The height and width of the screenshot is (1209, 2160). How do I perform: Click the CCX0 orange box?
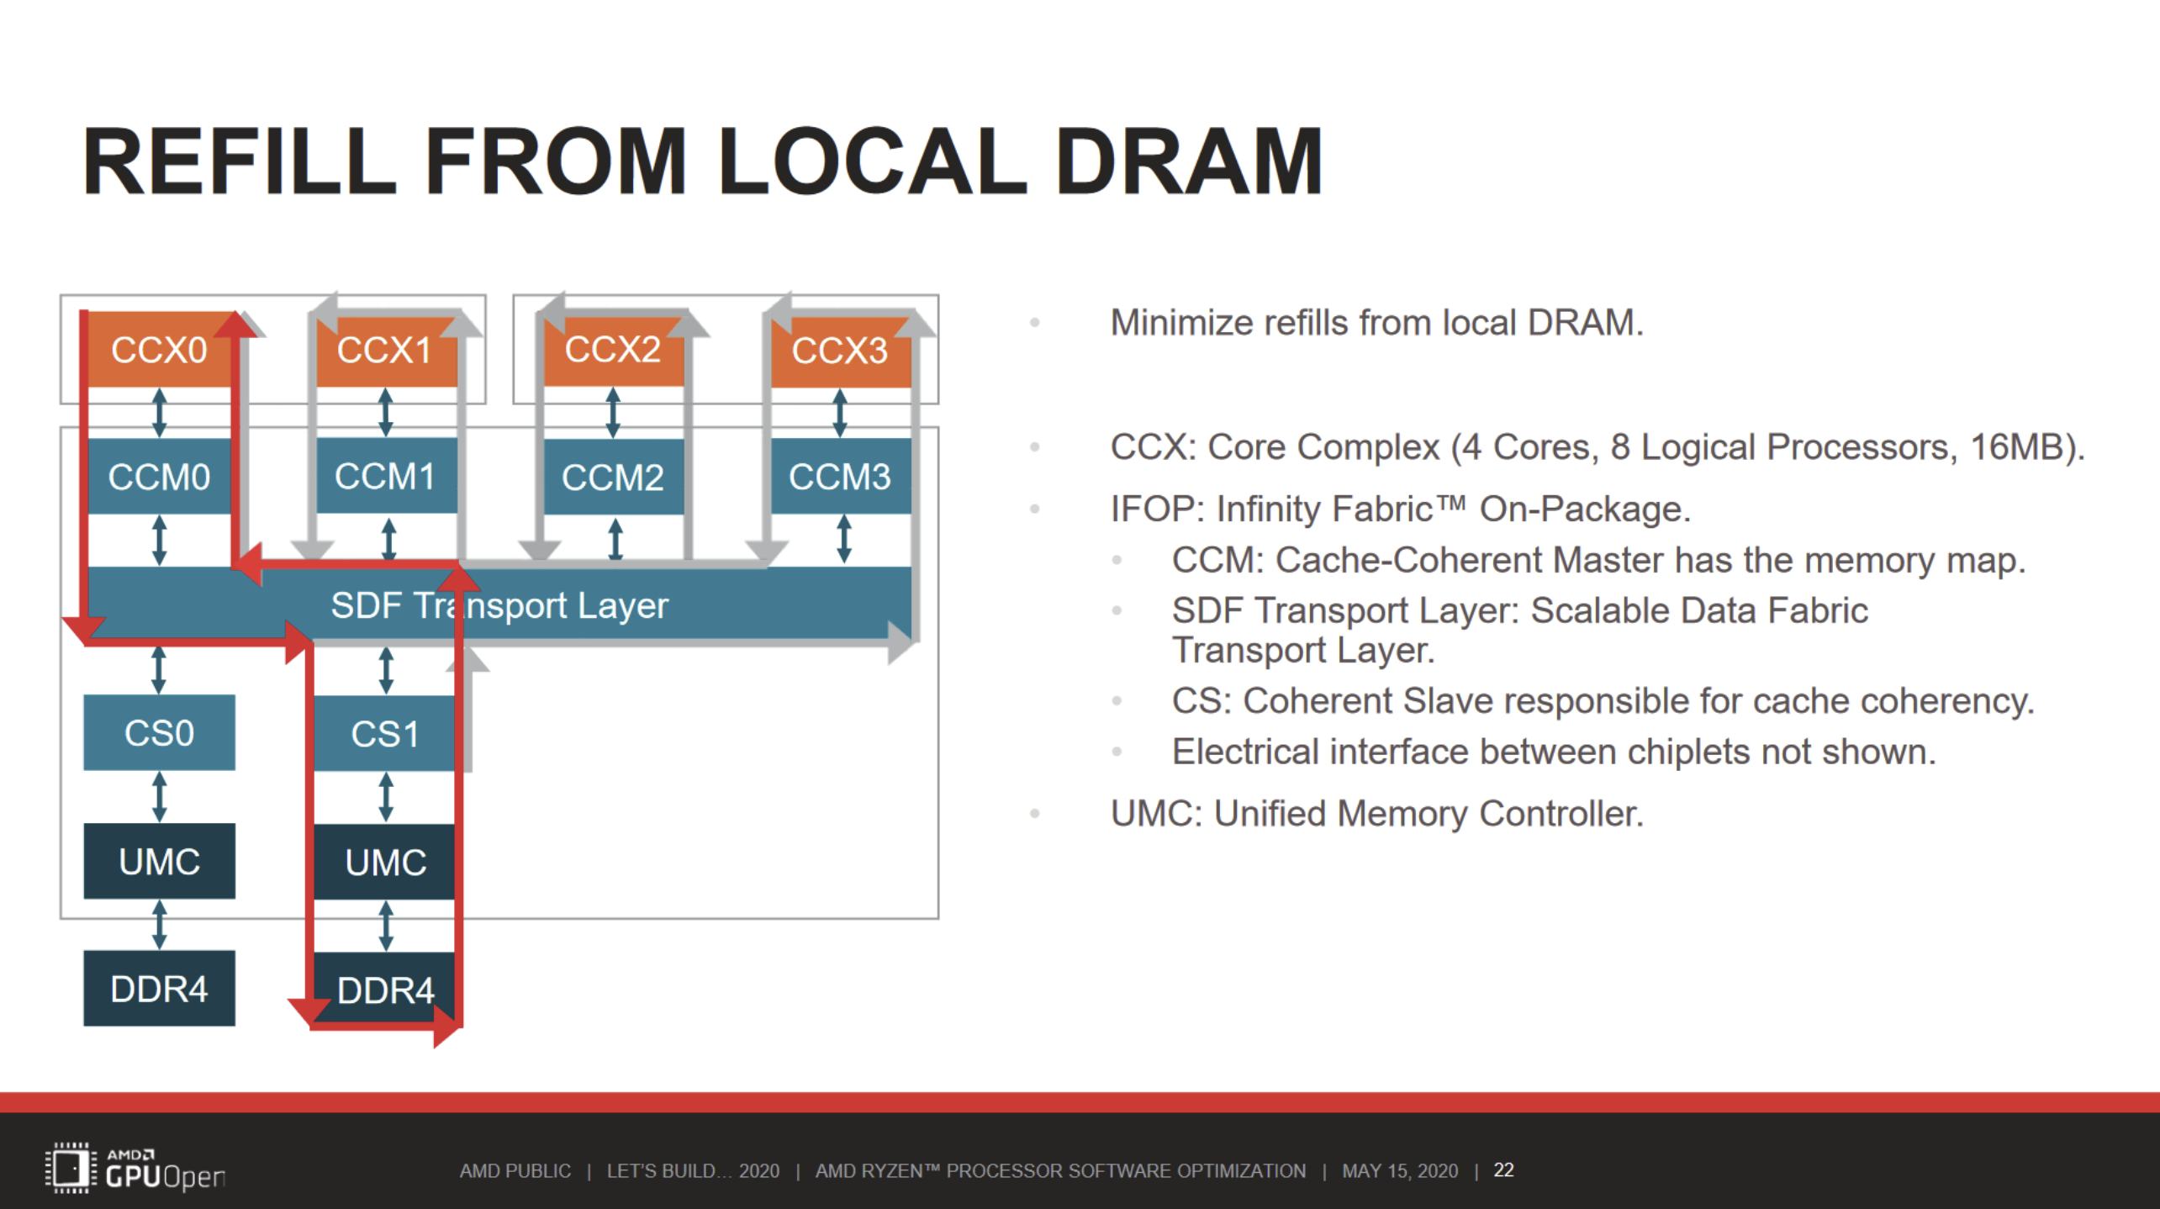[x=159, y=350]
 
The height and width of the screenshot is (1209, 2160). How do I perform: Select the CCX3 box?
[x=840, y=350]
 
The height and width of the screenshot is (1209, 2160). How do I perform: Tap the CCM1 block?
[x=385, y=477]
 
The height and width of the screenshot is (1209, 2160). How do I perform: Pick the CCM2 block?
[x=613, y=477]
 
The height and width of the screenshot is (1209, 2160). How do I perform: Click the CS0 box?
[x=159, y=733]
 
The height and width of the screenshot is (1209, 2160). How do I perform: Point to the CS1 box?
[x=385, y=734]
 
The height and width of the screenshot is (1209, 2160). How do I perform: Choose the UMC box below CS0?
[x=159, y=862]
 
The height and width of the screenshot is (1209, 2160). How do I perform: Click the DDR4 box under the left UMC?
[x=159, y=989]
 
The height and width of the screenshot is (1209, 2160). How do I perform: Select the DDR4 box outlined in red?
[x=385, y=990]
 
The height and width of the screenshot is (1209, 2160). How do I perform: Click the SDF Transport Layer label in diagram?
[x=499, y=605]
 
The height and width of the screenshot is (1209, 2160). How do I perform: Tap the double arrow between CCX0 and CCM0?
[x=159, y=412]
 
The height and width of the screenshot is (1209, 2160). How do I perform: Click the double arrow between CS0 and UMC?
[x=159, y=796]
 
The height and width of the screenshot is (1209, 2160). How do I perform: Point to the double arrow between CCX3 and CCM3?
[x=839, y=412]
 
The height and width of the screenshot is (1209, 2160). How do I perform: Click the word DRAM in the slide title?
[x=1189, y=161]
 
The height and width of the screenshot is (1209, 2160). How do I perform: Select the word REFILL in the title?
[x=239, y=161]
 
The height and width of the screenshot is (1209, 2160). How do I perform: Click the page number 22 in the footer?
[x=1503, y=1170]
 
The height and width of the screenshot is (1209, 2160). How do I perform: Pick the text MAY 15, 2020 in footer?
[x=1399, y=1171]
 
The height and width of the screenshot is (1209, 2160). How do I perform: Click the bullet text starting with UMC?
[x=1376, y=814]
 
